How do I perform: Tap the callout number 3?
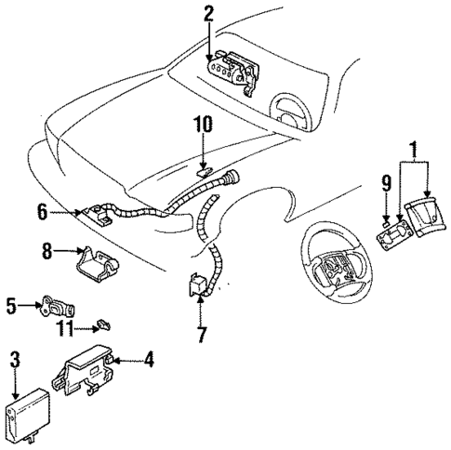point(14,357)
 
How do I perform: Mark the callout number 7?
point(201,332)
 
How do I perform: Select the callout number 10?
point(203,124)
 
